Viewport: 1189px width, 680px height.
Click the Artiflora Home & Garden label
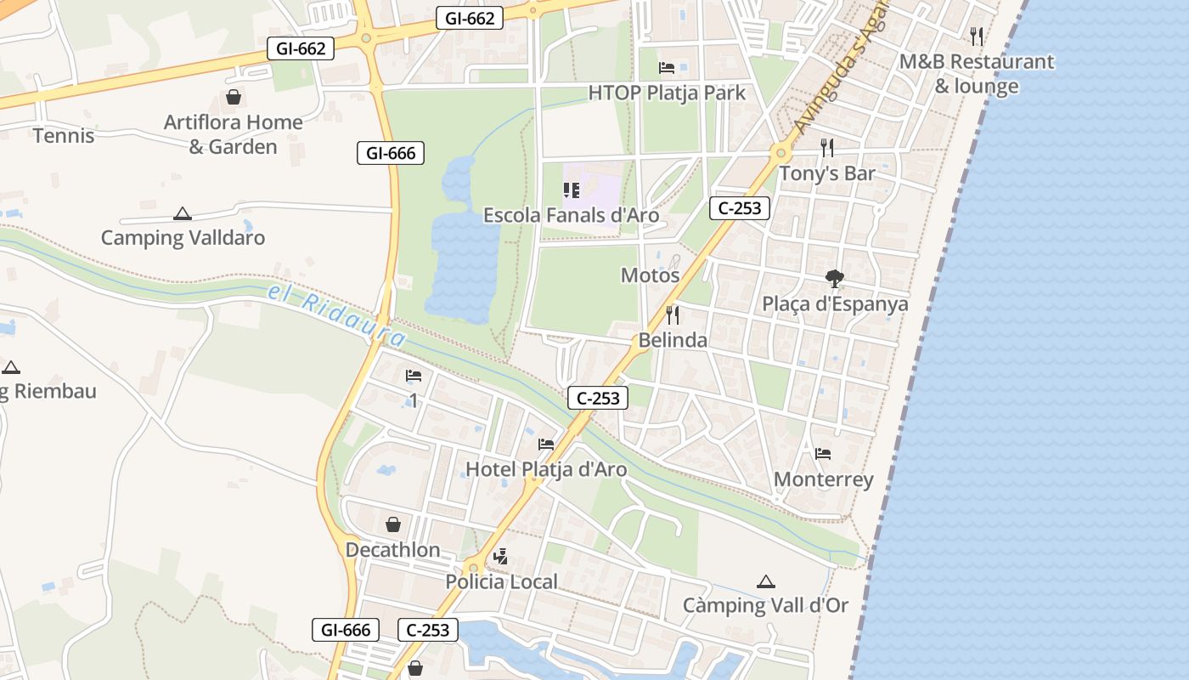click(233, 134)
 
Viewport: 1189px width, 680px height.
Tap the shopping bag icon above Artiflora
click(234, 97)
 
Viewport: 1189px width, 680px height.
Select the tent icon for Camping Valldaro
click(182, 213)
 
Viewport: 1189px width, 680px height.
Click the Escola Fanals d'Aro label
click(571, 215)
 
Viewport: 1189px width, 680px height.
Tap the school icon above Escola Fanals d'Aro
click(571, 190)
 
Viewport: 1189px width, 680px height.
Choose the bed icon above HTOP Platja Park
click(667, 68)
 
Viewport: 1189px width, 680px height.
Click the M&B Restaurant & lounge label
click(977, 74)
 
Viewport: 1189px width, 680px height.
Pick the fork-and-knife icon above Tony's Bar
click(827, 148)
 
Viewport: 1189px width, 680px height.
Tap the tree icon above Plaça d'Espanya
click(835, 278)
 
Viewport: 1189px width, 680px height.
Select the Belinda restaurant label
click(673, 340)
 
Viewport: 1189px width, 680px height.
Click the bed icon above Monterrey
click(822, 454)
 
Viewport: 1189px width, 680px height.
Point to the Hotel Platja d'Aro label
click(546, 469)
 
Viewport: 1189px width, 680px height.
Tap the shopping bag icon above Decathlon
click(393, 524)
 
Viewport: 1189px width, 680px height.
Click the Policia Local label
click(502, 582)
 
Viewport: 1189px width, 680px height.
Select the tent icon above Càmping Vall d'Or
click(766, 581)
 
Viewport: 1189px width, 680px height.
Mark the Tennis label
click(64, 135)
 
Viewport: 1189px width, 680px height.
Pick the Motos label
click(651, 275)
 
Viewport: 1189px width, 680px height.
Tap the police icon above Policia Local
click(500, 557)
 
